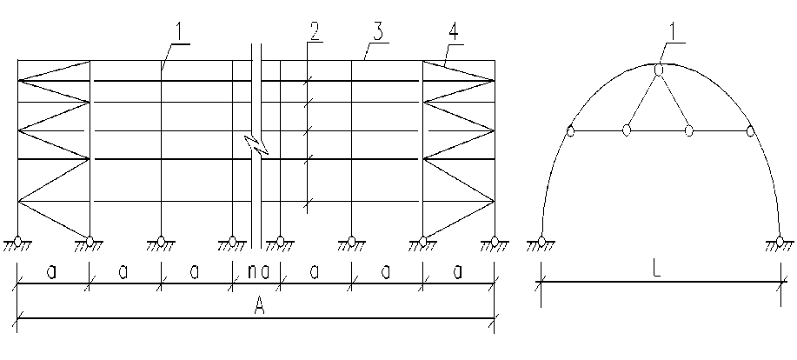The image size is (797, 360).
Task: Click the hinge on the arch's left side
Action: click(570, 131)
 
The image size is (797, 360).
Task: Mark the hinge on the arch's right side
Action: click(749, 131)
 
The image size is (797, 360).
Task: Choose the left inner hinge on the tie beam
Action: click(626, 131)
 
